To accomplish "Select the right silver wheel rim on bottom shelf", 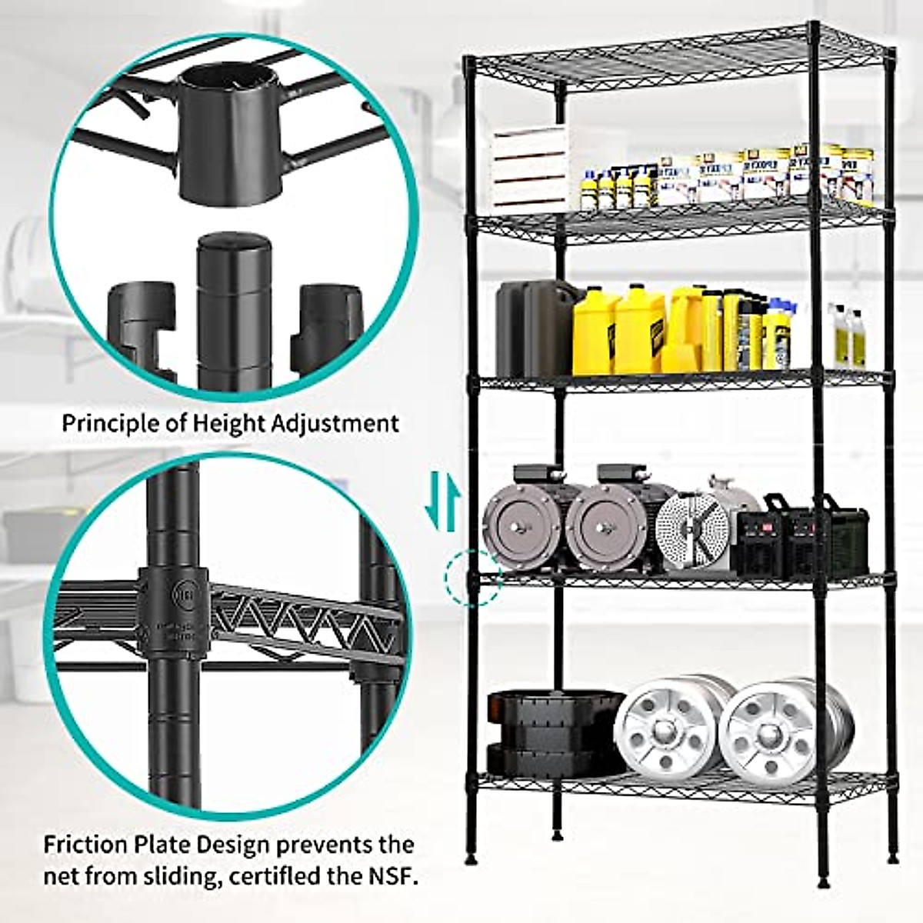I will pyautogui.click(x=769, y=731).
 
